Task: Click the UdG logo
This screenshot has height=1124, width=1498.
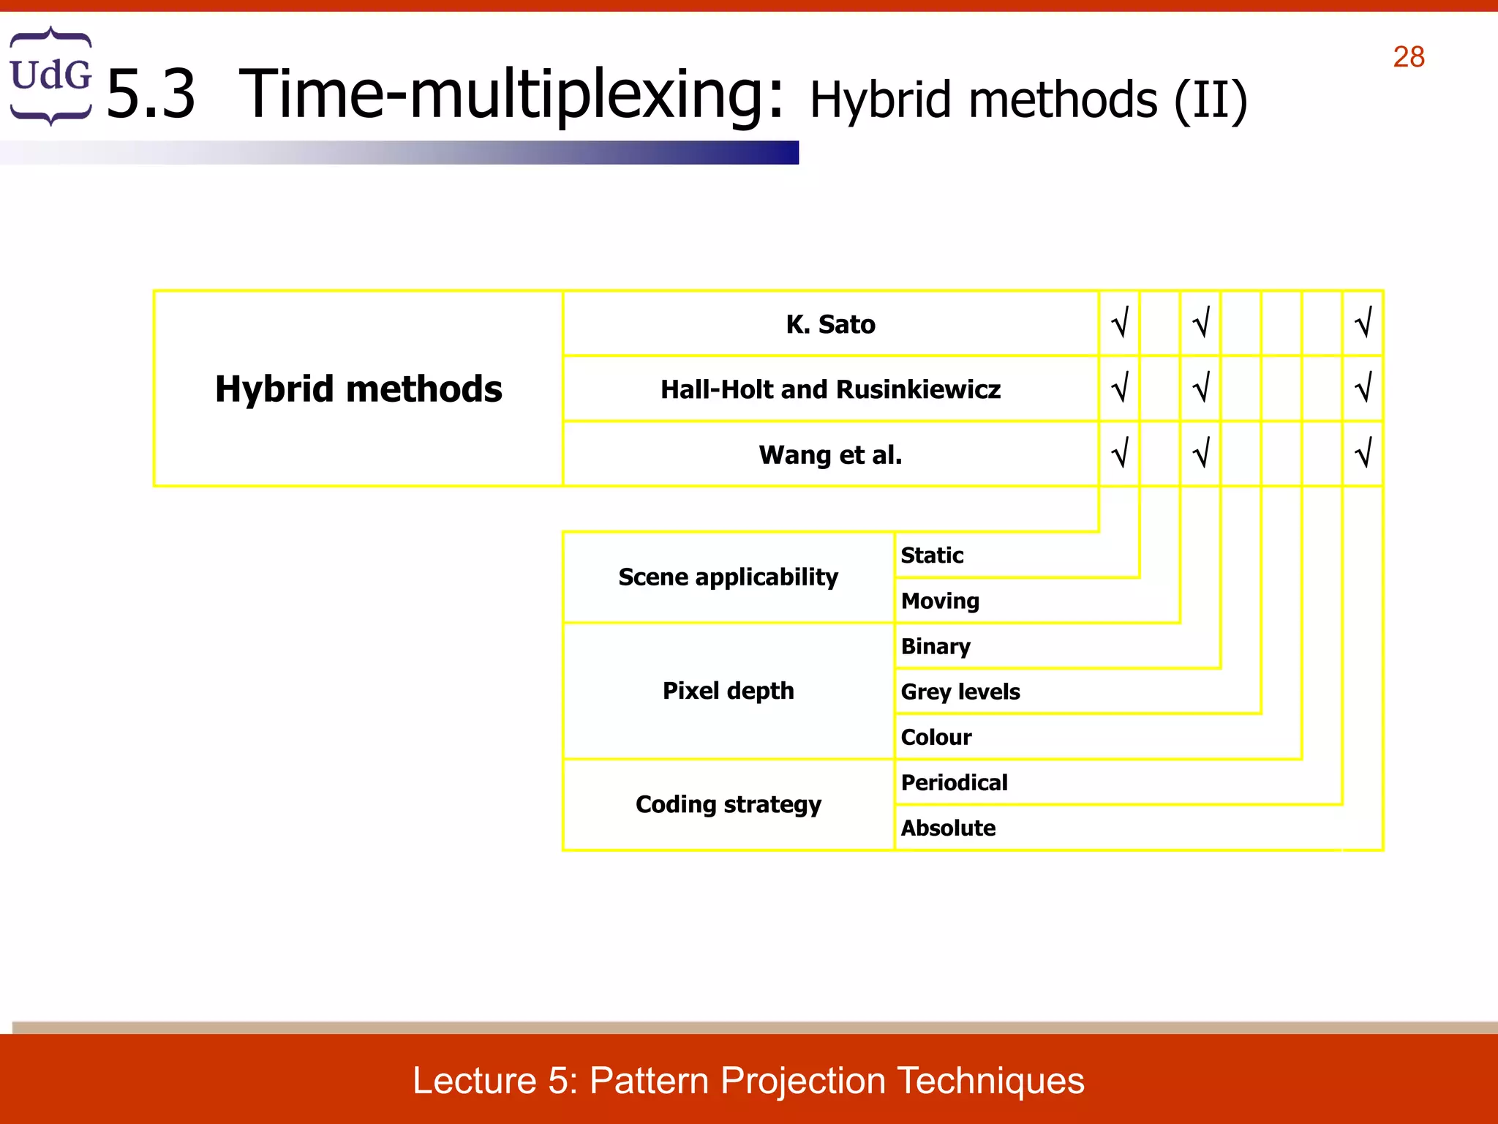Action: click(x=50, y=76)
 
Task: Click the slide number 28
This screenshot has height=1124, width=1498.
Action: click(x=1408, y=57)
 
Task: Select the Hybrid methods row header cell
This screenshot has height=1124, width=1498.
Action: click(x=358, y=389)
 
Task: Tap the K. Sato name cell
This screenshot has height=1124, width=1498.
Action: click(x=830, y=324)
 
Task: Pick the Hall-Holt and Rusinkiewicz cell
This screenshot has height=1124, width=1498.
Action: click(x=830, y=389)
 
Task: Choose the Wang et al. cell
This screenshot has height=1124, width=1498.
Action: click(x=830, y=454)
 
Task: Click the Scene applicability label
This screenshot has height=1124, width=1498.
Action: click(x=728, y=577)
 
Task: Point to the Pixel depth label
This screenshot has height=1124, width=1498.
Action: click(x=728, y=691)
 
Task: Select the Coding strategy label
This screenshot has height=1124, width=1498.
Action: click(x=728, y=804)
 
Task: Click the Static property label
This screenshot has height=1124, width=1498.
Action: click(x=932, y=555)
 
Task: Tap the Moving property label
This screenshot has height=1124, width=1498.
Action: click(x=940, y=601)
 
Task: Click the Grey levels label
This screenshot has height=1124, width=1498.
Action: click(x=960, y=692)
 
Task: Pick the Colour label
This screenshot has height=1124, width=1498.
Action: click(x=936, y=737)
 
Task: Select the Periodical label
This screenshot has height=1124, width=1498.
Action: click(x=954, y=782)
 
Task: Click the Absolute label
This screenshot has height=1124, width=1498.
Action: click(x=948, y=828)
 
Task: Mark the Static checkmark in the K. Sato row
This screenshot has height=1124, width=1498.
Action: click(x=1120, y=323)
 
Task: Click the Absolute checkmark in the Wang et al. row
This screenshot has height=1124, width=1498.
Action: click(x=1363, y=453)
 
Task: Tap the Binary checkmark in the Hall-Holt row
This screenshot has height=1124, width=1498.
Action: click(x=1201, y=388)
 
